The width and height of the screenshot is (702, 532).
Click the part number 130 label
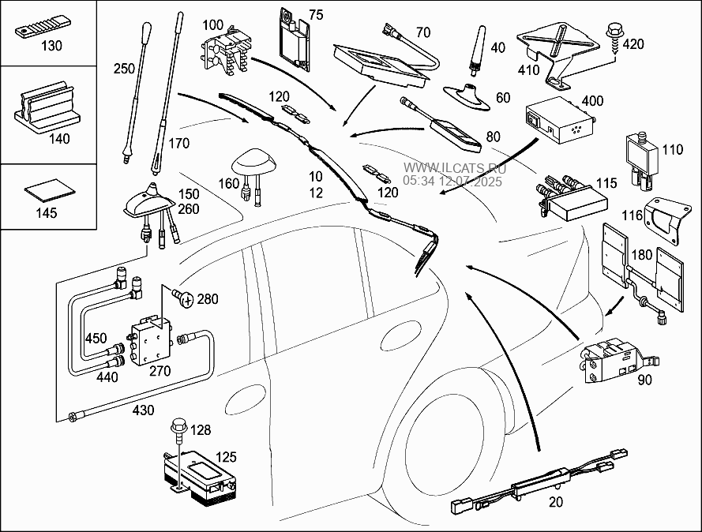click(x=51, y=46)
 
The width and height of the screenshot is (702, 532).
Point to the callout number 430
click(x=145, y=410)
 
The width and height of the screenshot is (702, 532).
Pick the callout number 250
click(x=124, y=69)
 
